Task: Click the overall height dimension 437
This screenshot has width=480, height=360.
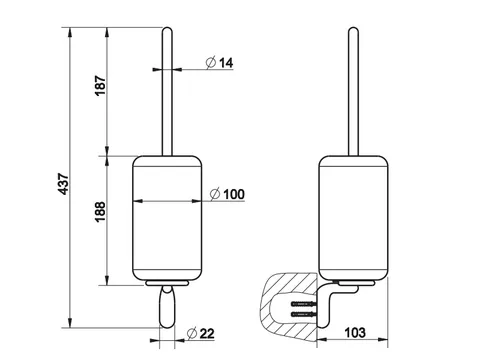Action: pos(63,184)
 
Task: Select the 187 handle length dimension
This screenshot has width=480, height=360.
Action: pos(100,86)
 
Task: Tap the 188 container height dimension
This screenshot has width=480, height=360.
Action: pos(100,212)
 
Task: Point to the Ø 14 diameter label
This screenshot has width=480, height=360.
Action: pos(220,62)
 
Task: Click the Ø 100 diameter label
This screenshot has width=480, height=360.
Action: pos(228,194)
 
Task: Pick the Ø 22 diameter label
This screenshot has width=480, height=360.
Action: pos(201,333)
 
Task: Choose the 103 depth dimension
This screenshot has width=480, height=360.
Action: pos(355,332)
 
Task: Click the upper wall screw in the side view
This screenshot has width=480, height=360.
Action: pos(304,304)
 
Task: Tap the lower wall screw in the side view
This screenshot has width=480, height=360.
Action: pos(304,314)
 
